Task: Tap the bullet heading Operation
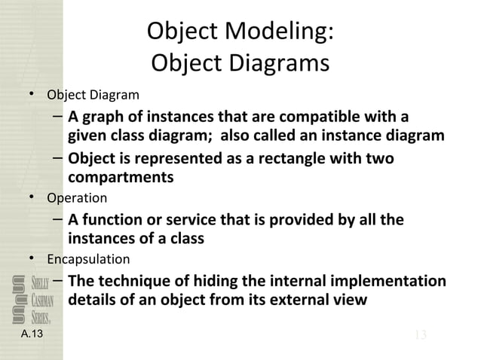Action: pyautogui.click(x=77, y=199)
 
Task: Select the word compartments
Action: pyautogui.click(x=121, y=178)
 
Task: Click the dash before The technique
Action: pyautogui.click(x=57, y=280)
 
